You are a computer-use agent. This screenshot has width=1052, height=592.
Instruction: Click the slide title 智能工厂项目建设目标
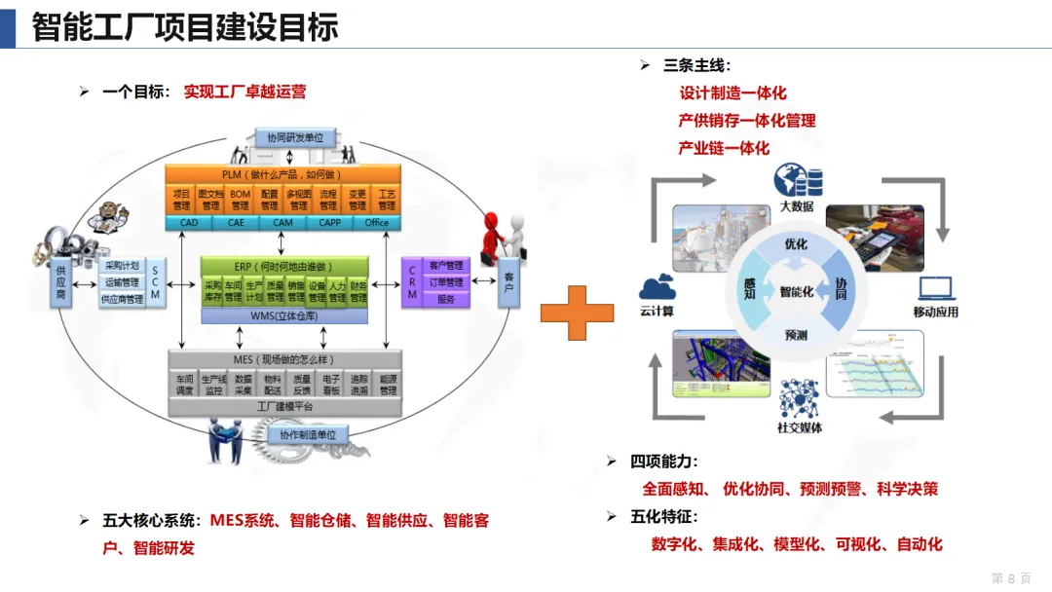[185, 26]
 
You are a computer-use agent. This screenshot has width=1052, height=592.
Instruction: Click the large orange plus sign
[577, 312]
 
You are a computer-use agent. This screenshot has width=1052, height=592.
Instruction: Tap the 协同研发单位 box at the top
[295, 138]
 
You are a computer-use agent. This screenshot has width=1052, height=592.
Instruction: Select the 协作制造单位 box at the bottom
[307, 434]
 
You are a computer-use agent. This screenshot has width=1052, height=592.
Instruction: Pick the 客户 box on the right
[508, 282]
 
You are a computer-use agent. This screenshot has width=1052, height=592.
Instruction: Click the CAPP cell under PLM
[329, 223]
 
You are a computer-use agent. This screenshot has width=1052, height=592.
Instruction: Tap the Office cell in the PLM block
[376, 223]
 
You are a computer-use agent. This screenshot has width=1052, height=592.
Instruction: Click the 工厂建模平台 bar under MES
[284, 406]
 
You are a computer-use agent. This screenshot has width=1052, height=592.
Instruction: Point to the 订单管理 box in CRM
[446, 282]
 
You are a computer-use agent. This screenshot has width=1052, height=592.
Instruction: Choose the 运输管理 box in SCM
[122, 282]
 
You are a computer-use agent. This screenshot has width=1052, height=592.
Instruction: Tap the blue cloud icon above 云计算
[657, 287]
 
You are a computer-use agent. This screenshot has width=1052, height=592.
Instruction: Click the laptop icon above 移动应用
[935, 288]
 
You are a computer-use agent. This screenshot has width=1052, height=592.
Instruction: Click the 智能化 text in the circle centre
[797, 290]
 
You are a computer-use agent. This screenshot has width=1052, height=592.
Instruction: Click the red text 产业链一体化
[724, 148]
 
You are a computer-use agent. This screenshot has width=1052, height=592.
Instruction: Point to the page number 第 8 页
[1011, 577]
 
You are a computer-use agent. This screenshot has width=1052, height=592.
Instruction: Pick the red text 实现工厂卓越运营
[244, 92]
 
